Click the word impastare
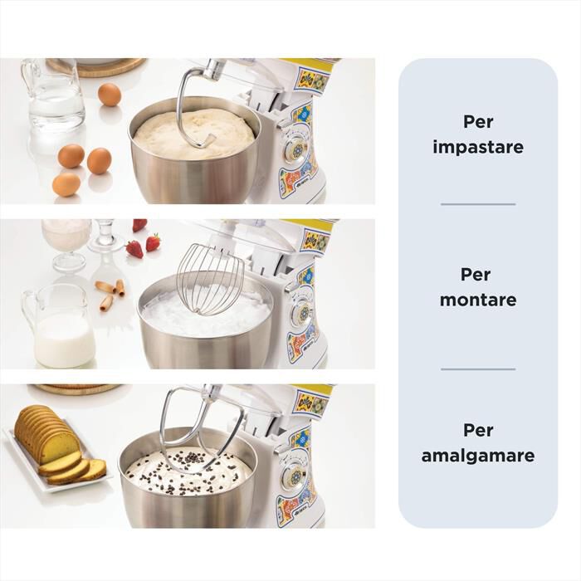click(x=478, y=147)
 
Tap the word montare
click(x=478, y=300)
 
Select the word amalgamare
click(x=478, y=456)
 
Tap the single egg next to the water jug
click(x=110, y=95)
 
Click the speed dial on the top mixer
click(x=297, y=150)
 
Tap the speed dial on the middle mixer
click(x=305, y=311)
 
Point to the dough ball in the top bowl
click(x=193, y=134)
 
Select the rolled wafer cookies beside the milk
click(x=110, y=294)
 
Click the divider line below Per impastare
click(x=478, y=204)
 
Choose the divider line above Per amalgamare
click(x=478, y=369)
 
